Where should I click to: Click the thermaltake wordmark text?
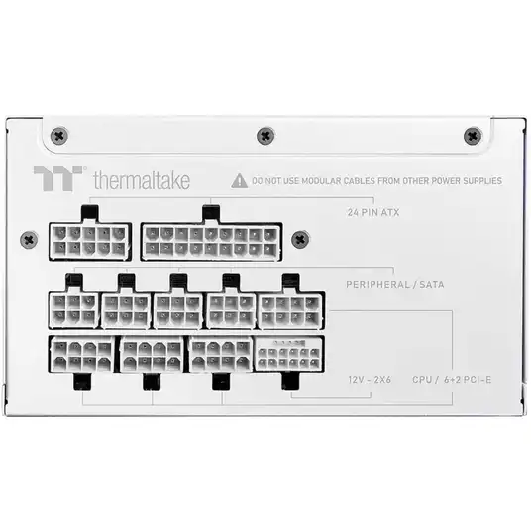click(x=142, y=180)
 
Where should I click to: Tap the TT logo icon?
click(x=58, y=178)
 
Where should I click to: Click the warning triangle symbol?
click(x=239, y=181)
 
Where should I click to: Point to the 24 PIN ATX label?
click(x=373, y=212)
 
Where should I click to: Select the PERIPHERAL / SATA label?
click(x=395, y=284)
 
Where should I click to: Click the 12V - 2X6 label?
click(x=370, y=380)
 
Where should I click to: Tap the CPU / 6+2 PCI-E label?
click(x=452, y=380)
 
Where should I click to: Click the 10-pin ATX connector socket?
click(x=90, y=241)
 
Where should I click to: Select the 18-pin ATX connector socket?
click(x=211, y=242)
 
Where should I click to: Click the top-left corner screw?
click(x=59, y=136)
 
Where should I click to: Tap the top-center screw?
click(x=265, y=136)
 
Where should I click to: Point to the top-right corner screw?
click(x=473, y=136)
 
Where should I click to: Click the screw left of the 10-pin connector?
click(x=29, y=240)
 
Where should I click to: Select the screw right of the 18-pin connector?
click(x=300, y=240)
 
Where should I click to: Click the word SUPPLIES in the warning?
click(x=482, y=181)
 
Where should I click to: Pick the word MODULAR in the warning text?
click(x=321, y=181)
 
